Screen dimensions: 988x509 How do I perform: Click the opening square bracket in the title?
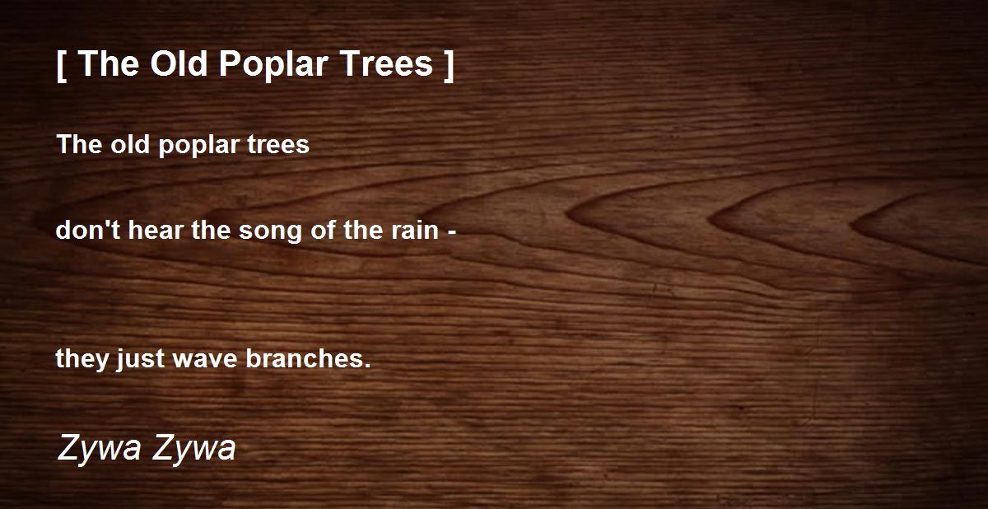pyautogui.click(x=62, y=66)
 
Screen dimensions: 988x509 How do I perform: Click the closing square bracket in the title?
pyautogui.click(x=449, y=66)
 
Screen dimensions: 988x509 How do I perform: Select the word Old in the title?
pyautogui.click(x=179, y=63)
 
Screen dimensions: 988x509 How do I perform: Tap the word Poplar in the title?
pyautogui.click(x=273, y=66)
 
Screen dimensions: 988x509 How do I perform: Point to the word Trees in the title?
pyautogui.click(x=386, y=64)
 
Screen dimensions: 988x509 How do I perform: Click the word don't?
pyautogui.click(x=88, y=230)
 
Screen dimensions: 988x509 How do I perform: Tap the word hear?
pyautogui.click(x=156, y=230)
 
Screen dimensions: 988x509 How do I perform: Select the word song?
pyautogui.click(x=270, y=232)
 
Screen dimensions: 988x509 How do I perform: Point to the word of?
pyautogui.click(x=323, y=230)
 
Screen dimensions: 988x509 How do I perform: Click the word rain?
pyautogui.click(x=415, y=231)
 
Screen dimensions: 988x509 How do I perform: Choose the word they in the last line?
pyautogui.click(x=82, y=360)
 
